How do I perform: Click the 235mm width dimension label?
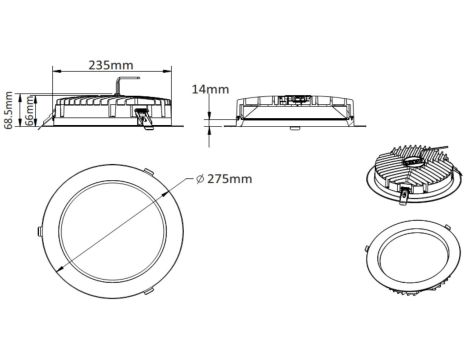click(111, 65)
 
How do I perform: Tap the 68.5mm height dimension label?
click(8, 110)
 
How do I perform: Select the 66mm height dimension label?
click(30, 111)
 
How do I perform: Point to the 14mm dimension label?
click(210, 89)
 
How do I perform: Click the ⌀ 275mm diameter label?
click(224, 179)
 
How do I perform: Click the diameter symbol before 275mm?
click(200, 179)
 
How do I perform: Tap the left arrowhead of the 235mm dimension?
click(57, 71)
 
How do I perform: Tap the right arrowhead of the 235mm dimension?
click(167, 71)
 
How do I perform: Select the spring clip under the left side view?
click(145, 119)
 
